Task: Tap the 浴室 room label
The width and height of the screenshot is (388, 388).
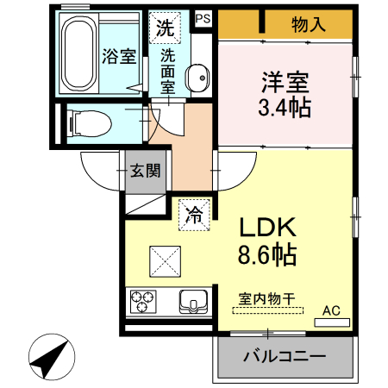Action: click(x=120, y=58)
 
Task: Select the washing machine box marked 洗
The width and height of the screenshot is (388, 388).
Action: click(x=165, y=27)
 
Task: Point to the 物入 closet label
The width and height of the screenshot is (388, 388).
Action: click(x=309, y=24)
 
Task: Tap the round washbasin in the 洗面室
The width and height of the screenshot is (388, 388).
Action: click(x=197, y=76)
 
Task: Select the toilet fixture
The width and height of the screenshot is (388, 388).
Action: click(x=87, y=123)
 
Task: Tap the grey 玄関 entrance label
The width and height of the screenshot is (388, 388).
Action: click(x=144, y=170)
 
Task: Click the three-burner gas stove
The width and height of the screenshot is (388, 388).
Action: click(x=142, y=303)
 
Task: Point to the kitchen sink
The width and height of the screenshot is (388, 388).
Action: click(x=194, y=303)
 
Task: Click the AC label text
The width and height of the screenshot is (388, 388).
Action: click(x=331, y=310)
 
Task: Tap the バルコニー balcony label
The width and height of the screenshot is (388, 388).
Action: click(x=284, y=356)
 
